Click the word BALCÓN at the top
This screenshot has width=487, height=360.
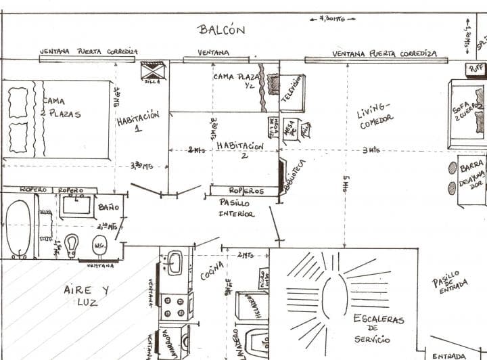[221, 30]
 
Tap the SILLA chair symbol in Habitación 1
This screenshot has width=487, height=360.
[154, 70]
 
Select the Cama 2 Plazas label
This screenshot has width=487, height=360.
[61, 108]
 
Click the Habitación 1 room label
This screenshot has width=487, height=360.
[138, 120]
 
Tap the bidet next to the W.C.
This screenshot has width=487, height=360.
[72, 245]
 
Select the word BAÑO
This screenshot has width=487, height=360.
[109, 206]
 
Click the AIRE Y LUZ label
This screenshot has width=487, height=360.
[87, 296]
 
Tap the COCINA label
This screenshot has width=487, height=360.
[212, 270]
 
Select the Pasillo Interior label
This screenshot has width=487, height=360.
[236, 208]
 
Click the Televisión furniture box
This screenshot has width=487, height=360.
[292, 93]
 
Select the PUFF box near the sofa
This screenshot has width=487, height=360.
[476, 68]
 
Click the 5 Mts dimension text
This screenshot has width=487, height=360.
[346, 183]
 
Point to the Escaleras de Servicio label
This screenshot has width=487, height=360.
[378, 328]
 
